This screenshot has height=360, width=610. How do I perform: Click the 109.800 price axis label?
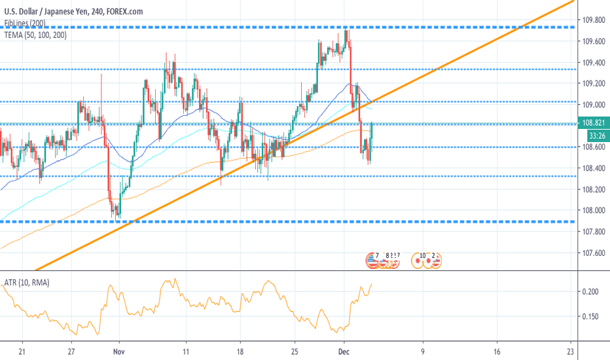[x=593, y=20]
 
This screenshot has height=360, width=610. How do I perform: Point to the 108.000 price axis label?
[x=593, y=211]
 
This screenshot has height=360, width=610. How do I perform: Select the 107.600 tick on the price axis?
[x=593, y=253]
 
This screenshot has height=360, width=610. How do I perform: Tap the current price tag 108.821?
[x=593, y=123]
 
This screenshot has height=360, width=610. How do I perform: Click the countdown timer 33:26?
[x=593, y=135]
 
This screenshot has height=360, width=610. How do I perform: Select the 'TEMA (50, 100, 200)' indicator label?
[x=38, y=35]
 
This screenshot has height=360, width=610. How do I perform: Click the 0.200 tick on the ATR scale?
[x=591, y=292]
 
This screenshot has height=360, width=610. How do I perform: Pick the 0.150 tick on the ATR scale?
[x=591, y=317]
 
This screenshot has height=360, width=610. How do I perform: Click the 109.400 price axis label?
[x=593, y=63]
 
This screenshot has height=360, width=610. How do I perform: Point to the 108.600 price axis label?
[x=593, y=148]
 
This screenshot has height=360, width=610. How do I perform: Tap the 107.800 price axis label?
[x=593, y=232]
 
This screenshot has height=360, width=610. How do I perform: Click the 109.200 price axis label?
[x=593, y=84]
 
